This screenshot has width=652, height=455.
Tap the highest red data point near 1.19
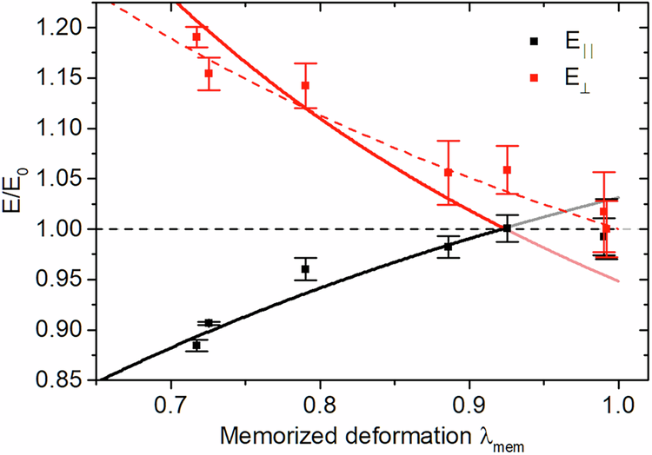196,37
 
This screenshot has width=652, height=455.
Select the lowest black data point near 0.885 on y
196,346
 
